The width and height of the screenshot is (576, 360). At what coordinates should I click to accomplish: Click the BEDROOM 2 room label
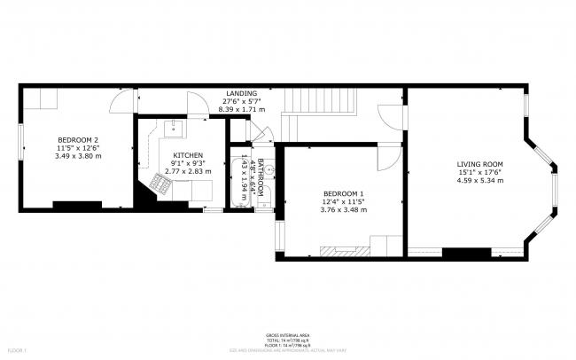[77, 140]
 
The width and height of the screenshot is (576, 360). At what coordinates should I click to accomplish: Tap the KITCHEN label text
[188, 155]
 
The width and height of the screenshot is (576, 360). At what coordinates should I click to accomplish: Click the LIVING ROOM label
[479, 164]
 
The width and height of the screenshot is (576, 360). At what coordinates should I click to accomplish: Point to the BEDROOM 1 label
[343, 193]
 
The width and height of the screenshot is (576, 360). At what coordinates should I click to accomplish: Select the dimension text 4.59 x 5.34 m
[479, 180]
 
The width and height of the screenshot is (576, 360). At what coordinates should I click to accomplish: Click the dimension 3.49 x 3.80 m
[77, 156]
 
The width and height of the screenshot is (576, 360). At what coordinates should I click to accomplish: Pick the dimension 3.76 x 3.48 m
[343, 210]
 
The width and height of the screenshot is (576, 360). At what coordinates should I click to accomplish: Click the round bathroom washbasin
[271, 169]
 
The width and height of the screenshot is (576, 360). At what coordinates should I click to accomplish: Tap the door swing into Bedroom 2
[119, 103]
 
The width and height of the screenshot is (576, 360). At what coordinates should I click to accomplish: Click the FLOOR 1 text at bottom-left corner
[12, 352]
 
